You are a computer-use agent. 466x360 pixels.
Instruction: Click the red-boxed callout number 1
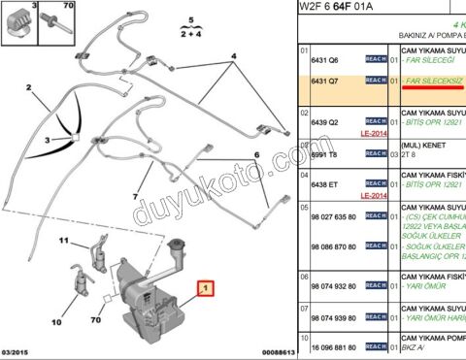(204, 288)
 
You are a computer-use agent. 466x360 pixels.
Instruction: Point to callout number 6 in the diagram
(256, 155)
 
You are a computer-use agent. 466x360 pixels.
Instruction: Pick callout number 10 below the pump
(56, 321)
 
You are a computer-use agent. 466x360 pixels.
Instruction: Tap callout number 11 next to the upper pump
(62, 241)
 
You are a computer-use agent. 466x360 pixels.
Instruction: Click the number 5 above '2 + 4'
(190, 19)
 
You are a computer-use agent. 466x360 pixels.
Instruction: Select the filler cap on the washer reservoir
(177, 245)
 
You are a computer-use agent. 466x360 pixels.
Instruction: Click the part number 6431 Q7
(326, 82)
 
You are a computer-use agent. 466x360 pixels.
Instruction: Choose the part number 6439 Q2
(326, 123)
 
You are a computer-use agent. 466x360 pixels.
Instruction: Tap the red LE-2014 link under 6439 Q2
(374, 134)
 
